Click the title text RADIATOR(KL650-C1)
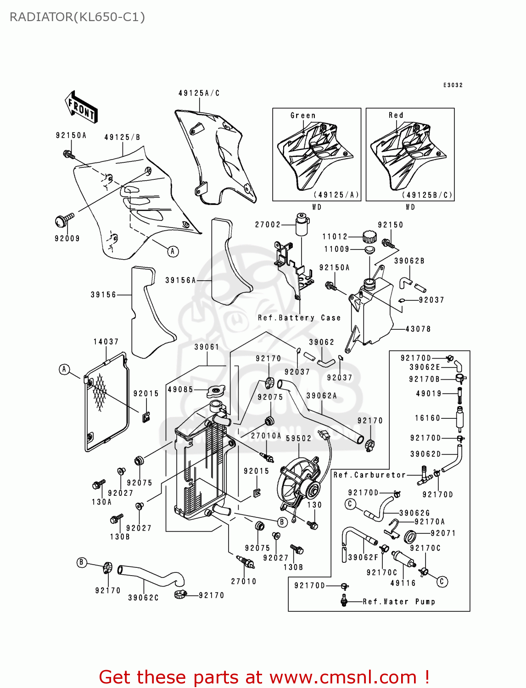tap(77, 17)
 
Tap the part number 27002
tap(268, 225)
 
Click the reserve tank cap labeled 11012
tap(369, 237)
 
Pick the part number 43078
tap(418, 329)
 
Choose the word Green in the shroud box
tap(303, 116)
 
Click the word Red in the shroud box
tap(396, 116)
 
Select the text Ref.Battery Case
tap(299, 318)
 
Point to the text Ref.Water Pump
tap(398, 602)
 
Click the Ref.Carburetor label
tap(369, 475)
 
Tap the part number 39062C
tap(143, 598)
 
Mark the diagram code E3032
tap(453, 85)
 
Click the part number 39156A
tap(180, 280)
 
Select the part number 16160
tap(427, 418)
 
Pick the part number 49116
tap(403, 583)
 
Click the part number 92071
tap(443, 533)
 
